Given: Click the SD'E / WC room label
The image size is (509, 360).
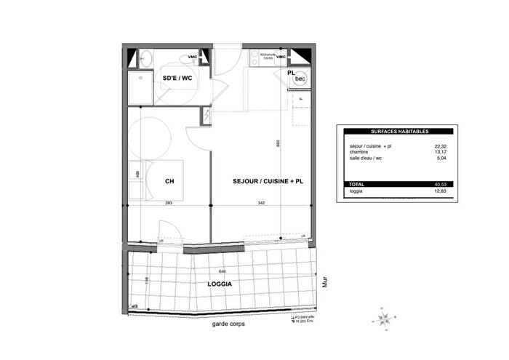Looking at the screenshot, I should pyautogui.click(x=177, y=78).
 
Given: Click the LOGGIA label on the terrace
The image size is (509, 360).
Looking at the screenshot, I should pyautogui.click(x=219, y=284).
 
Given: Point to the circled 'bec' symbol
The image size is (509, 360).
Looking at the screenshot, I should pyautogui.click(x=300, y=78).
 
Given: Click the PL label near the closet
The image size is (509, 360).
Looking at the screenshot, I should pyautogui.click(x=290, y=73).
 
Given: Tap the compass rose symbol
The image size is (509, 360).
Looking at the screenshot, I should pyautogui.click(x=385, y=316).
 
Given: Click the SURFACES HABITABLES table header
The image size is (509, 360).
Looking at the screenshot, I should pyautogui.click(x=399, y=131).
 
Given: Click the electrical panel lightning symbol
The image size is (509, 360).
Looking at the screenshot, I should pyautogui.click(x=207, y=116).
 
